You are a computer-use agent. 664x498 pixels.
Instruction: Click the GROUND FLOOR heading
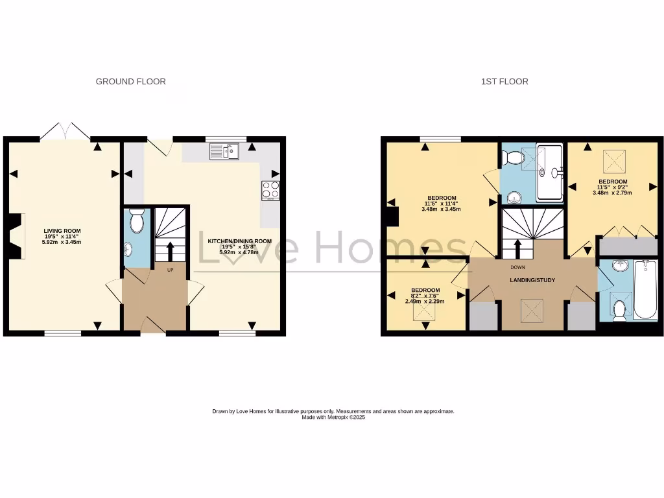(x=130, y=82)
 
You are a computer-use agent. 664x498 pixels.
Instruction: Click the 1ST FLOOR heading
(x=504, y=82)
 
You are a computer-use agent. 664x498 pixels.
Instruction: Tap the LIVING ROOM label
(x=62, y=231)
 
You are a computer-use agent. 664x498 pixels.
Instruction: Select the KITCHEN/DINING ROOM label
(x=239, y=241)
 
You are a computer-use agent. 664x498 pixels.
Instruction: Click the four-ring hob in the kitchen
(x=270, y=190)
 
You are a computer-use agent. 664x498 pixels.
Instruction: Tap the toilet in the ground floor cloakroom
(x=137, y=222)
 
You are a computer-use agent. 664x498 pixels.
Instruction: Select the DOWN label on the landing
(x=517, y=267)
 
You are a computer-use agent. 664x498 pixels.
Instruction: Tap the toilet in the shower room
(x=517, y=156)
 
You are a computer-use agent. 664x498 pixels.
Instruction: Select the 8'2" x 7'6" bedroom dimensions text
(x=425, y=296)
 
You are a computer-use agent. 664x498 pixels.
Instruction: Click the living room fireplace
(x=18, y=237)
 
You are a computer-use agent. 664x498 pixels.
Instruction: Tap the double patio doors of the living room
(x=65, y=130)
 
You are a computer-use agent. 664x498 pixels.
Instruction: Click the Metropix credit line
(x=334, y=418)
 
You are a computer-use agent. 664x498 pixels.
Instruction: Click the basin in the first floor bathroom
(x=621, y=265)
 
